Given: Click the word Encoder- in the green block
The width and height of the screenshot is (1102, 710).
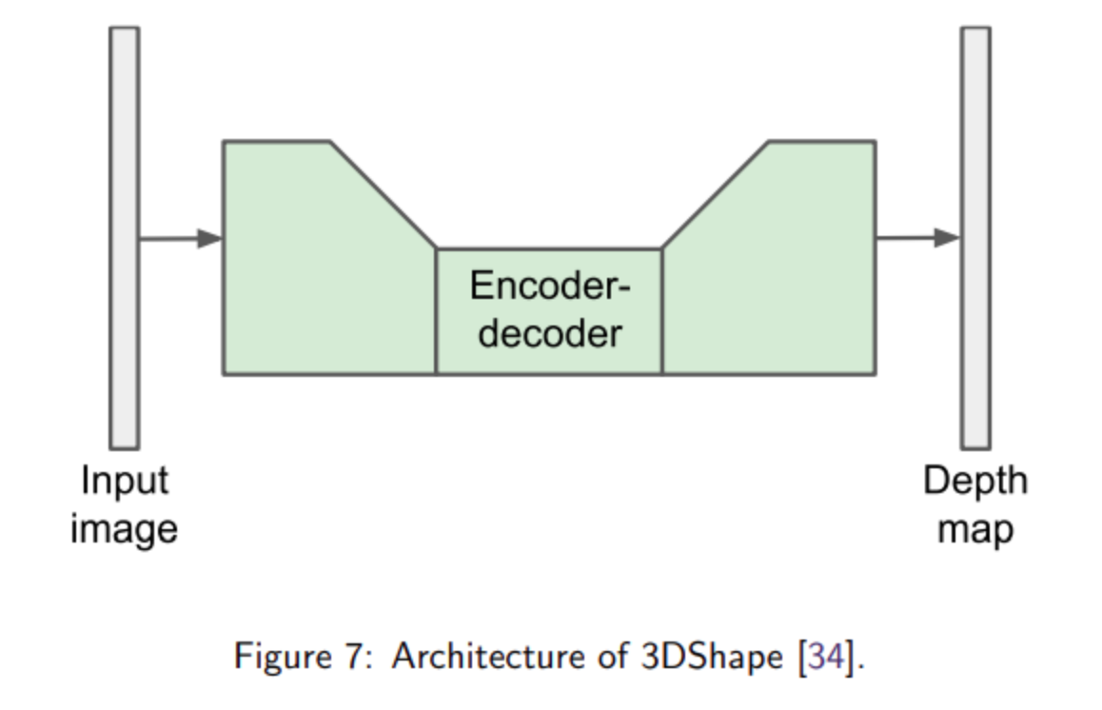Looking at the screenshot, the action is point(550,286).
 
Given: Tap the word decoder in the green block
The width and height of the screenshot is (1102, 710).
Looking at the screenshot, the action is point(550,333).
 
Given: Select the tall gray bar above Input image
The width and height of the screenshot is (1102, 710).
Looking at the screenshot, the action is point(124,237).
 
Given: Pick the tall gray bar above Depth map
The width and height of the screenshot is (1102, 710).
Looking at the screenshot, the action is point(974,237).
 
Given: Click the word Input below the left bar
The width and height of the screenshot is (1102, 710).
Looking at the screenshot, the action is point(124,481).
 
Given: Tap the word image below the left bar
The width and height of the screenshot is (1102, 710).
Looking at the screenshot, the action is point(124,529).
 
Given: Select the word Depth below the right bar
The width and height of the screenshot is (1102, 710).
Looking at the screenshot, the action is point(975,481).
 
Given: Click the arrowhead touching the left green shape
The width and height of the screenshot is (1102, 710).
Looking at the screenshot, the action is point(210,238).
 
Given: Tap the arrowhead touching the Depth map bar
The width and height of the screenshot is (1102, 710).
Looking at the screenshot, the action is point(948,237).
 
